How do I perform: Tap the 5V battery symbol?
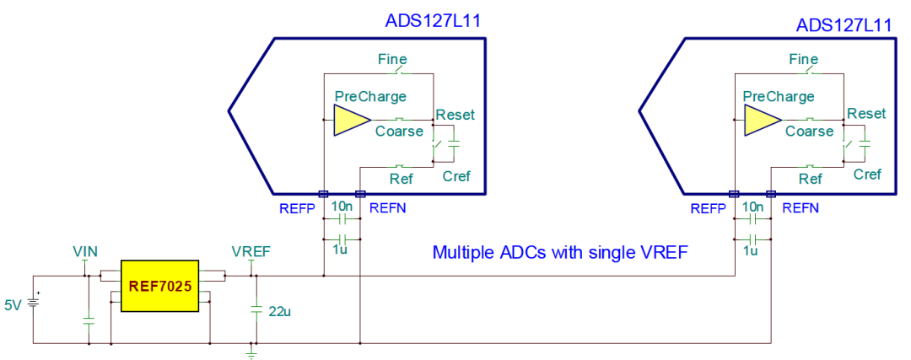click(34, 303)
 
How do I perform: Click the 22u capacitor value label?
click(279, 312)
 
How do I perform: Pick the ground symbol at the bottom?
click(251, 352)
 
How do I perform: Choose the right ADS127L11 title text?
click(844, 25)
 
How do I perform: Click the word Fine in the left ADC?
click(392, 59)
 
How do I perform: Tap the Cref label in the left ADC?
click(456, 175)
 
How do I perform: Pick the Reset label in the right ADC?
click(866, 114)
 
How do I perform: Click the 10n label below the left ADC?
click(342, 207)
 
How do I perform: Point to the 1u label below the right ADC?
click(751, 250)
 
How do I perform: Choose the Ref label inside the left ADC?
click(400, 178)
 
